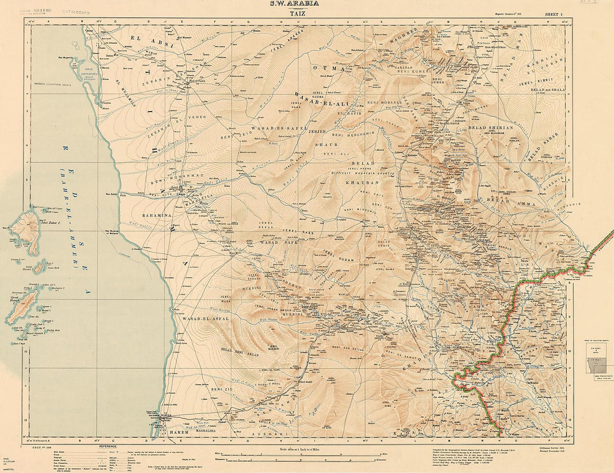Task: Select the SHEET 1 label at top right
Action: tap(555, 13)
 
